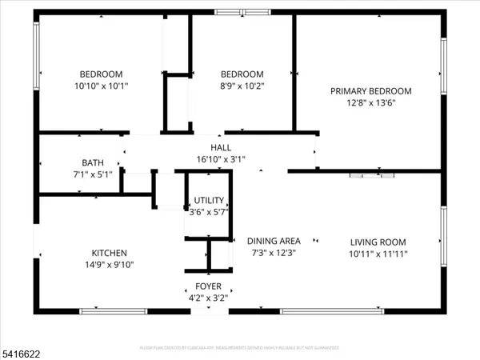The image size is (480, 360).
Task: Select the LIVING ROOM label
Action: pyautogui.click(x=378, y=242)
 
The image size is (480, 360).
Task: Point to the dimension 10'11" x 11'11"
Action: pyautogui.click(x=378, y=254)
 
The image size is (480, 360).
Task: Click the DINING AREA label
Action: pyautogui.click(x=274, y=241)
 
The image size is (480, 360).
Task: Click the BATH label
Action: pyautogui.click(x=92, y=162)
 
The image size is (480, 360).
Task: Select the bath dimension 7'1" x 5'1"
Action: pyautogui.click(x=92, y=174)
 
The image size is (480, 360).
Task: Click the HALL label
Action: pyautogui.click(x=221, y=147)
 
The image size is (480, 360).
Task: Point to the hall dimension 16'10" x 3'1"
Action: pyautogui.click(x=221, y=159)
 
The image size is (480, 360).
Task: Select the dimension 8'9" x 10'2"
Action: pyautogui.click(x=242, y=86)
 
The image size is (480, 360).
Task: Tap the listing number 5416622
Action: pyautogui.click(x=22, y=350)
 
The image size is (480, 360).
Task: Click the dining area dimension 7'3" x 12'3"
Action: pyautogui.click(x=274, y=253)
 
